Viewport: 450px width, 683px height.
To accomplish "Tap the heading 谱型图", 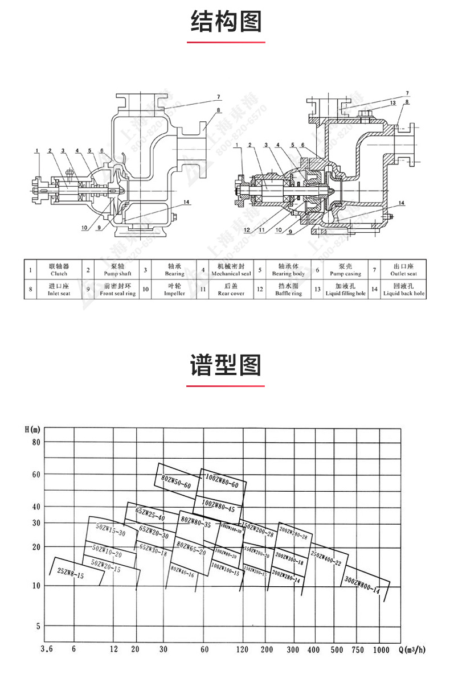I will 226,364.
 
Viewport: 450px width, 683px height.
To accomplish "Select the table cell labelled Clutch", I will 59,270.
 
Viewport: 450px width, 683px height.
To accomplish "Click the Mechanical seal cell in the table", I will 231,270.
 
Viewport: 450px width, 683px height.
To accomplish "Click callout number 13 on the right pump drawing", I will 393,102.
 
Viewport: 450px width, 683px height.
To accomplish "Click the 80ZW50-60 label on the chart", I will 176,480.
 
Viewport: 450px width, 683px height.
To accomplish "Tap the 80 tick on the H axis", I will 36,442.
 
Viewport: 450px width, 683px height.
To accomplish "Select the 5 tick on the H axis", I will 39,626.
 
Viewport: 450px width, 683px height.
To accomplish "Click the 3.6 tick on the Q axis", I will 48,649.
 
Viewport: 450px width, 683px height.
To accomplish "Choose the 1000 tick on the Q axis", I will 382,649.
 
